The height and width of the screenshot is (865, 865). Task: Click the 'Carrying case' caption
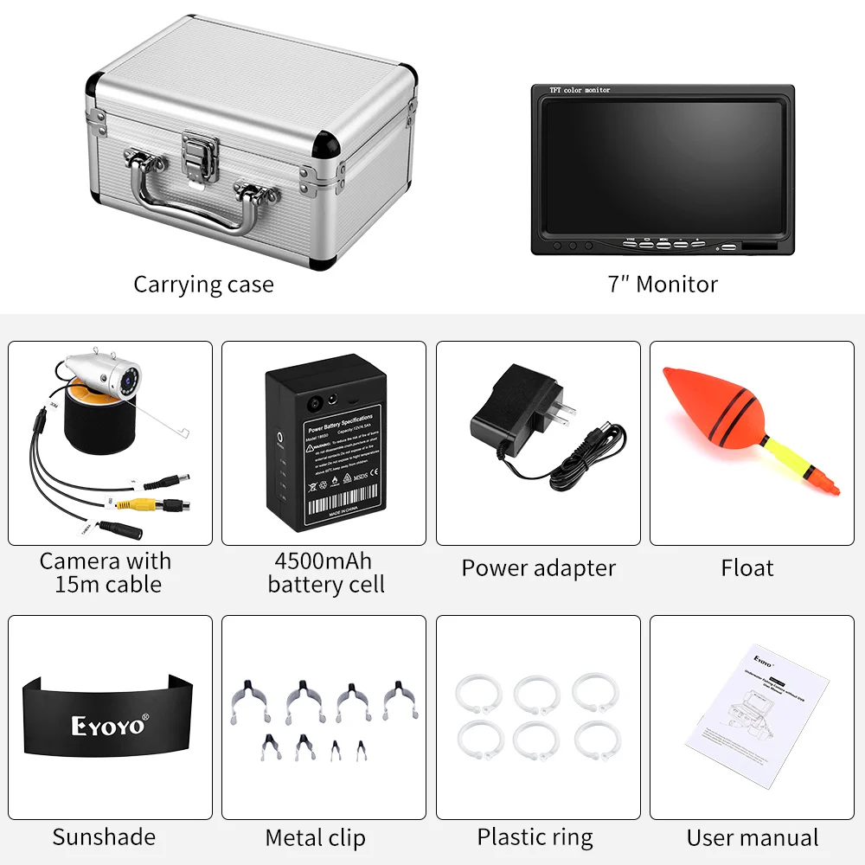(x=203, y=285)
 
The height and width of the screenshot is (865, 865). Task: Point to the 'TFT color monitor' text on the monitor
(x=580, y=90)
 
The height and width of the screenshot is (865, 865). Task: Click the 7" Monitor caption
(x=663, y=285)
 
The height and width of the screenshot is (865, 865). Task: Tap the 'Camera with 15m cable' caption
(x=106, y=573)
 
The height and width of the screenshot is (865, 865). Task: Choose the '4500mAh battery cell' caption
(x=324, y=573)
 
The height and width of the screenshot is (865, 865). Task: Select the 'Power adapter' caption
(x=538, y=568)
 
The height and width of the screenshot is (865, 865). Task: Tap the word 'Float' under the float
(x=746, y=568)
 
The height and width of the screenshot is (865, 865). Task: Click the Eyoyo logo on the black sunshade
(x=108, y=725)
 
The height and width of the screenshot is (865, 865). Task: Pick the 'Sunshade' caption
(x=104, y=836)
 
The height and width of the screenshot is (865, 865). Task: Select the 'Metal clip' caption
(x=315, y=837)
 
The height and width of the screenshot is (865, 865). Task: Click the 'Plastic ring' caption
(x=535, y=836)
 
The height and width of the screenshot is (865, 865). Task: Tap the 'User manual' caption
(x=752, y=837)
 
